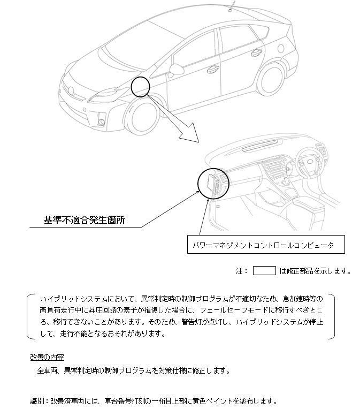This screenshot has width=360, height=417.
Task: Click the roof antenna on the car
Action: [x=232, y=7]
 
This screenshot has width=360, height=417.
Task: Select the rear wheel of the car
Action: [x=270, y=79]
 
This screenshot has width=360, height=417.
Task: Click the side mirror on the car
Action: [x=176, y=70]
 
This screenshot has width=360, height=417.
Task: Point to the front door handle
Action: [x=213, y=69]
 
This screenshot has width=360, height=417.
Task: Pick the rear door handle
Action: [x=256, y=52]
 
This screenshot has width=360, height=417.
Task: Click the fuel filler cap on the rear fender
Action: [x=280, y=48]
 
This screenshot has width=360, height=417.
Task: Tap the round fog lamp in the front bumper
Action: [x=102, y=122]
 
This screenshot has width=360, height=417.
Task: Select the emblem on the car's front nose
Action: [x=71, y=90]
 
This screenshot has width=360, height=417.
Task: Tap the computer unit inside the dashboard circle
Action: [x=213, y=183]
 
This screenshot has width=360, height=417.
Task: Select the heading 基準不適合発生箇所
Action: [x=84, y=220]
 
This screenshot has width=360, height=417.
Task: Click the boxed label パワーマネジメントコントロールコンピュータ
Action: [x=266, y=245]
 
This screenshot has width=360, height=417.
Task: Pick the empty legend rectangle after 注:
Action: [x=264, y=271]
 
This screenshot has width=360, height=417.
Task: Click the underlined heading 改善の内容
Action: [x=47, y=357]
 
